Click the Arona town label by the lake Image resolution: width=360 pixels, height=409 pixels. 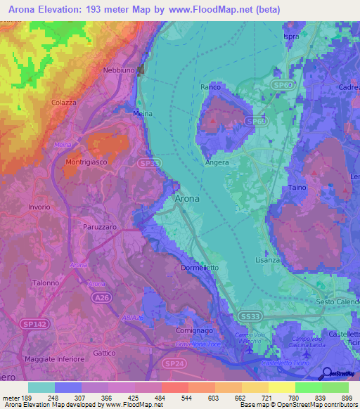coord(186,199)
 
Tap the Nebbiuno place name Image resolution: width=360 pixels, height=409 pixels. coord(118,70)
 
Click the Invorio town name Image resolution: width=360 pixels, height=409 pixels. coord(39,207)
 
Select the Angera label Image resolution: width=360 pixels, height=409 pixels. coord(217,162)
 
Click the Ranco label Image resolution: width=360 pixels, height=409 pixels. coord(210,87)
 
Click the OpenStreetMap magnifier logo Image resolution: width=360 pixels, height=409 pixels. coord(326,373)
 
